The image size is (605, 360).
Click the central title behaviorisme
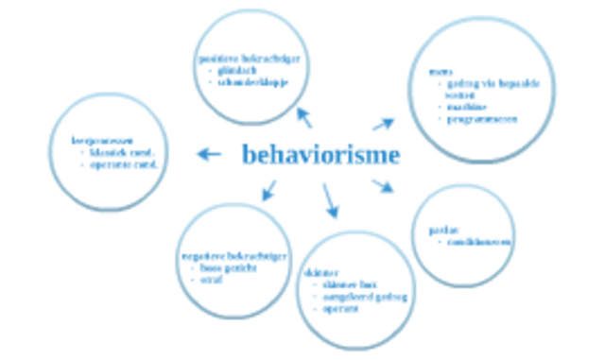click(x=320, y=155)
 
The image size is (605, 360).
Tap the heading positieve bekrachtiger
click(x=248, y=58)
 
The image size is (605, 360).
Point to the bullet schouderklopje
click(x=251, y=81)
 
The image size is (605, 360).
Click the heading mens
click(x=438, y=72)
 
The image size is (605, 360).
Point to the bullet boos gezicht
click(x=226, y=267)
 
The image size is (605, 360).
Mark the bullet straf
click(x=209, y=280)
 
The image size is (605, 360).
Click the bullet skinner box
click(x=348, y=284)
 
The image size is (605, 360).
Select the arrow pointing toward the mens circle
click(x=383, y=124)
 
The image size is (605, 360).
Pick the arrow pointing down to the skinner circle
click(x=330, y=199)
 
